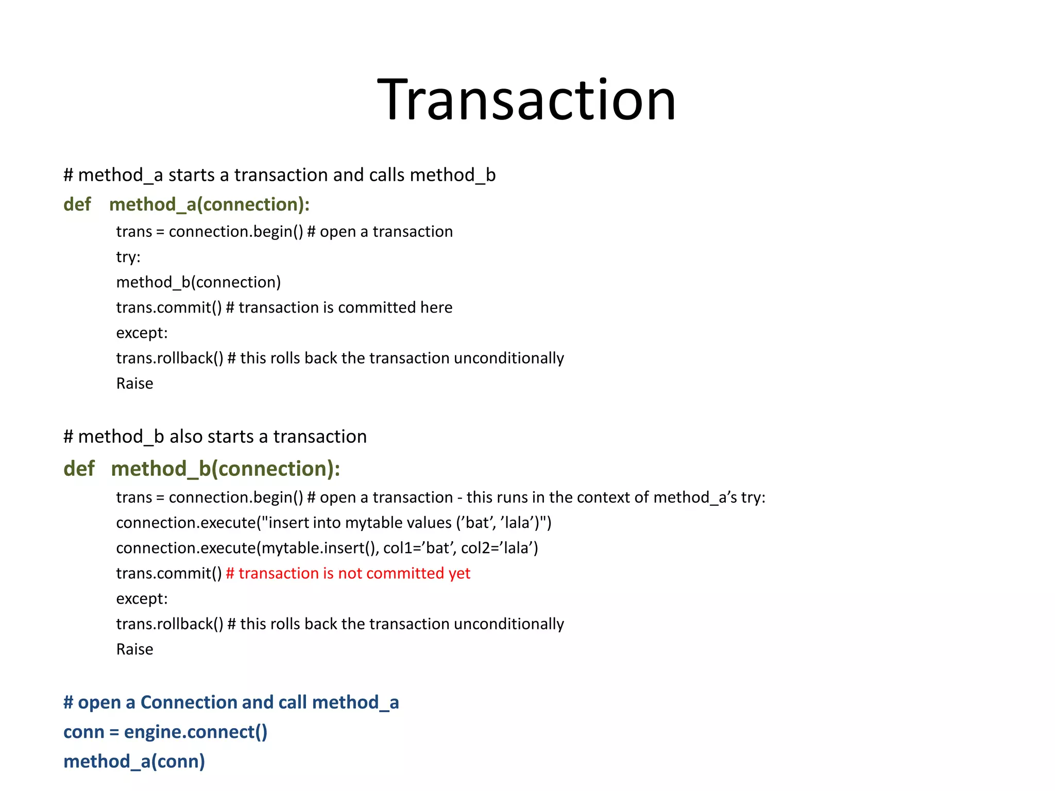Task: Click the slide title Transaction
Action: point(526,99)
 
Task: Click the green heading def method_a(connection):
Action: point(186,204)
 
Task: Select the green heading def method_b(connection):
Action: point(201,469)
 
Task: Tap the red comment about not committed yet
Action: point(348,573)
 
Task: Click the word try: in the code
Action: point(128,256)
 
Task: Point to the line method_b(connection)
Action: point(198,282)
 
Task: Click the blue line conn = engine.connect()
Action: point(165,732)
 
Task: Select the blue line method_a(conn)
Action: point(134,761)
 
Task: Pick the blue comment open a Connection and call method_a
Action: point(231,702)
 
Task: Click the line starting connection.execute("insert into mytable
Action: point(333,523)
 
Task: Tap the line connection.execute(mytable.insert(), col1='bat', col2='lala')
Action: point(327,548)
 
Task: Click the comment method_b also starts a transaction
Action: point(215,437)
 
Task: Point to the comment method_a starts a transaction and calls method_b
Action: point(279,175)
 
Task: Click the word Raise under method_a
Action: point(134,384)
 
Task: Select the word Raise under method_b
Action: point(134,649)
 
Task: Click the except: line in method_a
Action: point(142,333)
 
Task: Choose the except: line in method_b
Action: point(142,599)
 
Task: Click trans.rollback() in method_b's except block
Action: point(169,624)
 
